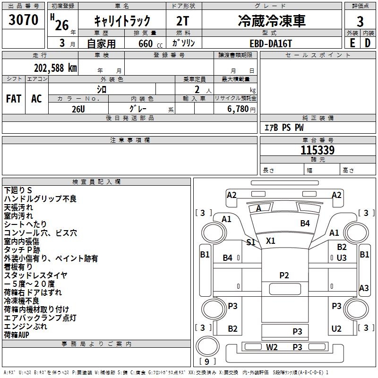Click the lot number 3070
(x=23, y=20)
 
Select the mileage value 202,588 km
(x=55, y=68)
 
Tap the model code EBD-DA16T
(x=271, y=43)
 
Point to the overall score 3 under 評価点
(x=360, y=22)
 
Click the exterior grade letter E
(x=352, y=43)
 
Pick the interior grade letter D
(x=368, y=43)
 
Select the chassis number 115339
(x=318, y=150)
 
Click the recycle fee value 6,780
(x=238, y=109)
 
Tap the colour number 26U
(x=78, y=109)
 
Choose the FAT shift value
(x=14, y=99)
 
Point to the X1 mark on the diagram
(x=270, y=241)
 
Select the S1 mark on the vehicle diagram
(x=251, y=242)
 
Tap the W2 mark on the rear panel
(x=272, y=347)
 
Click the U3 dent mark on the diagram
(x=341, y=258)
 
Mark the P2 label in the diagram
(x=284, y=275)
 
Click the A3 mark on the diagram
(x=364, y=288)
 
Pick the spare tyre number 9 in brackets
(x=207, y=361)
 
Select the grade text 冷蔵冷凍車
(x=272, y=21)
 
